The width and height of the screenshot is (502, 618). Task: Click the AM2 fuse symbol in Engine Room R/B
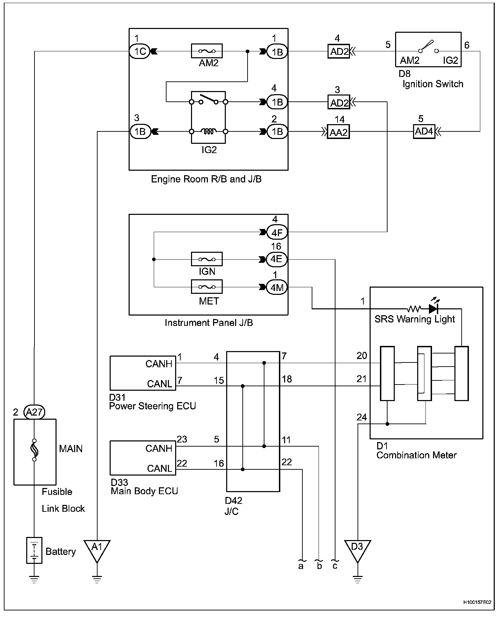(207, 51)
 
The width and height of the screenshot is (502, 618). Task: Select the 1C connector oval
(140, 51)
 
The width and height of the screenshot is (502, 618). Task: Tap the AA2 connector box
(338, 132)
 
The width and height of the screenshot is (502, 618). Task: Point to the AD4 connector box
(424, 131)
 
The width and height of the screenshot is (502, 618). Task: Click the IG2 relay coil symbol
(208, 131)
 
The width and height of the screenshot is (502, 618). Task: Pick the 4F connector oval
(277, 232)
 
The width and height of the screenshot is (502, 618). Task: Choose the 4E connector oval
(277, 259)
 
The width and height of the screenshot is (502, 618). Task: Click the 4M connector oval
(277, 287)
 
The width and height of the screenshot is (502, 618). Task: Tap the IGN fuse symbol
(207, 259)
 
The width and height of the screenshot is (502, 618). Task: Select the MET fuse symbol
(207, 287)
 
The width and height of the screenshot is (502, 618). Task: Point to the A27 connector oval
(34, 412)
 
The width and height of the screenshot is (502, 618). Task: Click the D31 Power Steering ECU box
(143, 373)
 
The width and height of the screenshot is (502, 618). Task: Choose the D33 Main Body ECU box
(143, 458)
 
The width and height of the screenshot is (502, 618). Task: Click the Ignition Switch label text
(433, 84)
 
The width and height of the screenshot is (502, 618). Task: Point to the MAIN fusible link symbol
(34, 450)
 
